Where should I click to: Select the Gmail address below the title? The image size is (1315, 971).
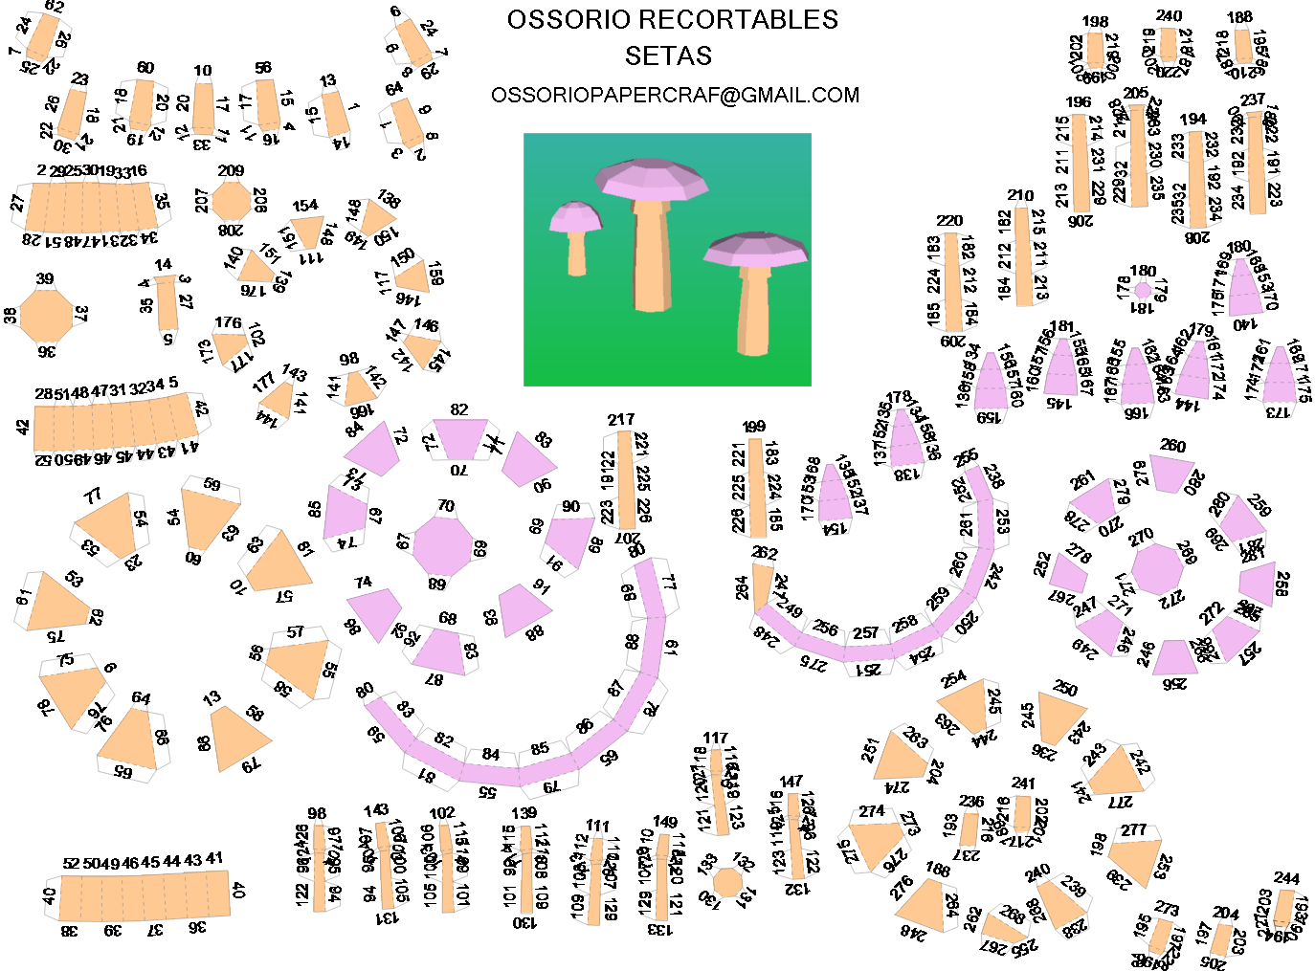[675, 96]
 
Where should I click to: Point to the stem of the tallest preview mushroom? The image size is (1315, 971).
[652, 249]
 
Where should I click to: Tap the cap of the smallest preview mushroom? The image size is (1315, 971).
[575, 217]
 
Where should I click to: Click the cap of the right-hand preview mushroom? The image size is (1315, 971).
[756, 251]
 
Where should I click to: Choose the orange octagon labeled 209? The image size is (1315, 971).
[231, 201]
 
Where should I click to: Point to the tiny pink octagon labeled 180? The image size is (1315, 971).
[1143, 289]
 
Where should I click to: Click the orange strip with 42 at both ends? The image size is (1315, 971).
[115, 425]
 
